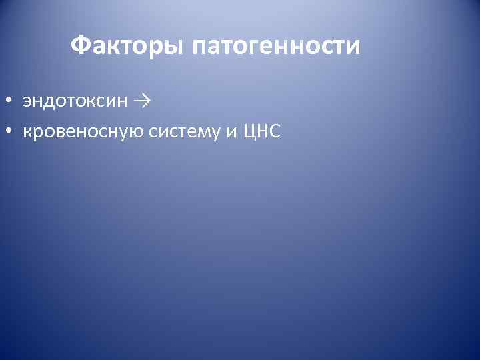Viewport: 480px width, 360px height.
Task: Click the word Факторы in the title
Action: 127,46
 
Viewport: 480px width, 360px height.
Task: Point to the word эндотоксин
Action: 74,101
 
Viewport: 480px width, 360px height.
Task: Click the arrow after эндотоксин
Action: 141,101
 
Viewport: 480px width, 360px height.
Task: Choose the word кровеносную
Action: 83,133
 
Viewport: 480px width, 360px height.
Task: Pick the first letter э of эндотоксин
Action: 27,102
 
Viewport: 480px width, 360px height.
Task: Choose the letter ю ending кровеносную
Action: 135,133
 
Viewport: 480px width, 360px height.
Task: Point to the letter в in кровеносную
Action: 53,133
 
